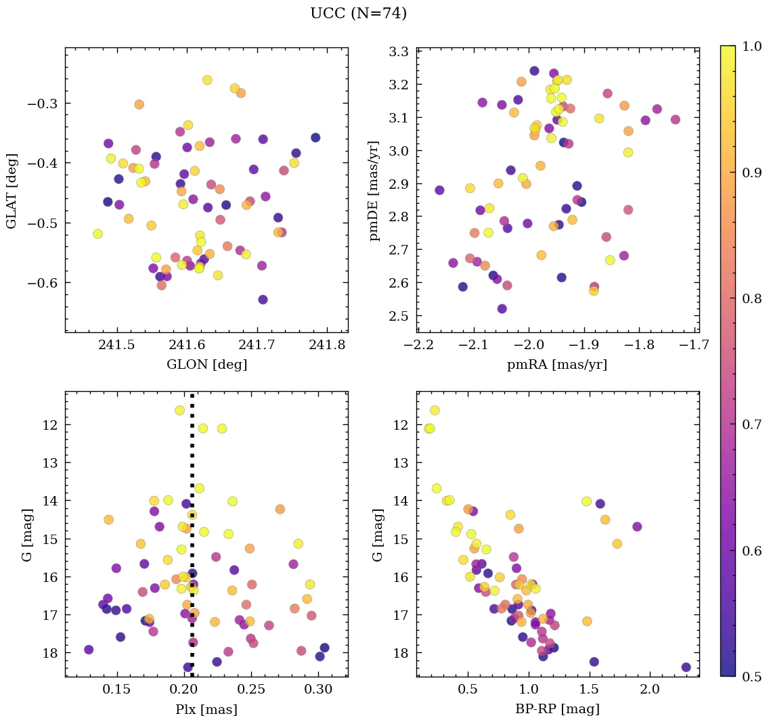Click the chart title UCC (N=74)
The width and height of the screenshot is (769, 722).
(x=358, y=14)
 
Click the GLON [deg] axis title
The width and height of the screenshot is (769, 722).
(x=206, y=365)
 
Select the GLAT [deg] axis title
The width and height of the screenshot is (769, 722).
(x=12, y=190)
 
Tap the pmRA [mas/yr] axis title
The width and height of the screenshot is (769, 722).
(x=557, y=365)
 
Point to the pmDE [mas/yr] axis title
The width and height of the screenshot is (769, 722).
(x=374, y=190)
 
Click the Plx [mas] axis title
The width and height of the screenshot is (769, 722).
(x=206, y=710)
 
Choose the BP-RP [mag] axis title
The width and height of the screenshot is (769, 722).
(x=557, y=710)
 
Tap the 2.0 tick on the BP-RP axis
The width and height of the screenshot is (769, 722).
(x=650, y=691)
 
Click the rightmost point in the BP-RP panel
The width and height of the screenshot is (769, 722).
(x=686, y=667)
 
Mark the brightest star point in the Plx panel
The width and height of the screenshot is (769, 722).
(x=180, y=410)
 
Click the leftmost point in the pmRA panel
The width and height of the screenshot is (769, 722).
(x=439, y=190)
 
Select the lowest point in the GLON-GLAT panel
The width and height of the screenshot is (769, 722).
(x=263, y=299)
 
